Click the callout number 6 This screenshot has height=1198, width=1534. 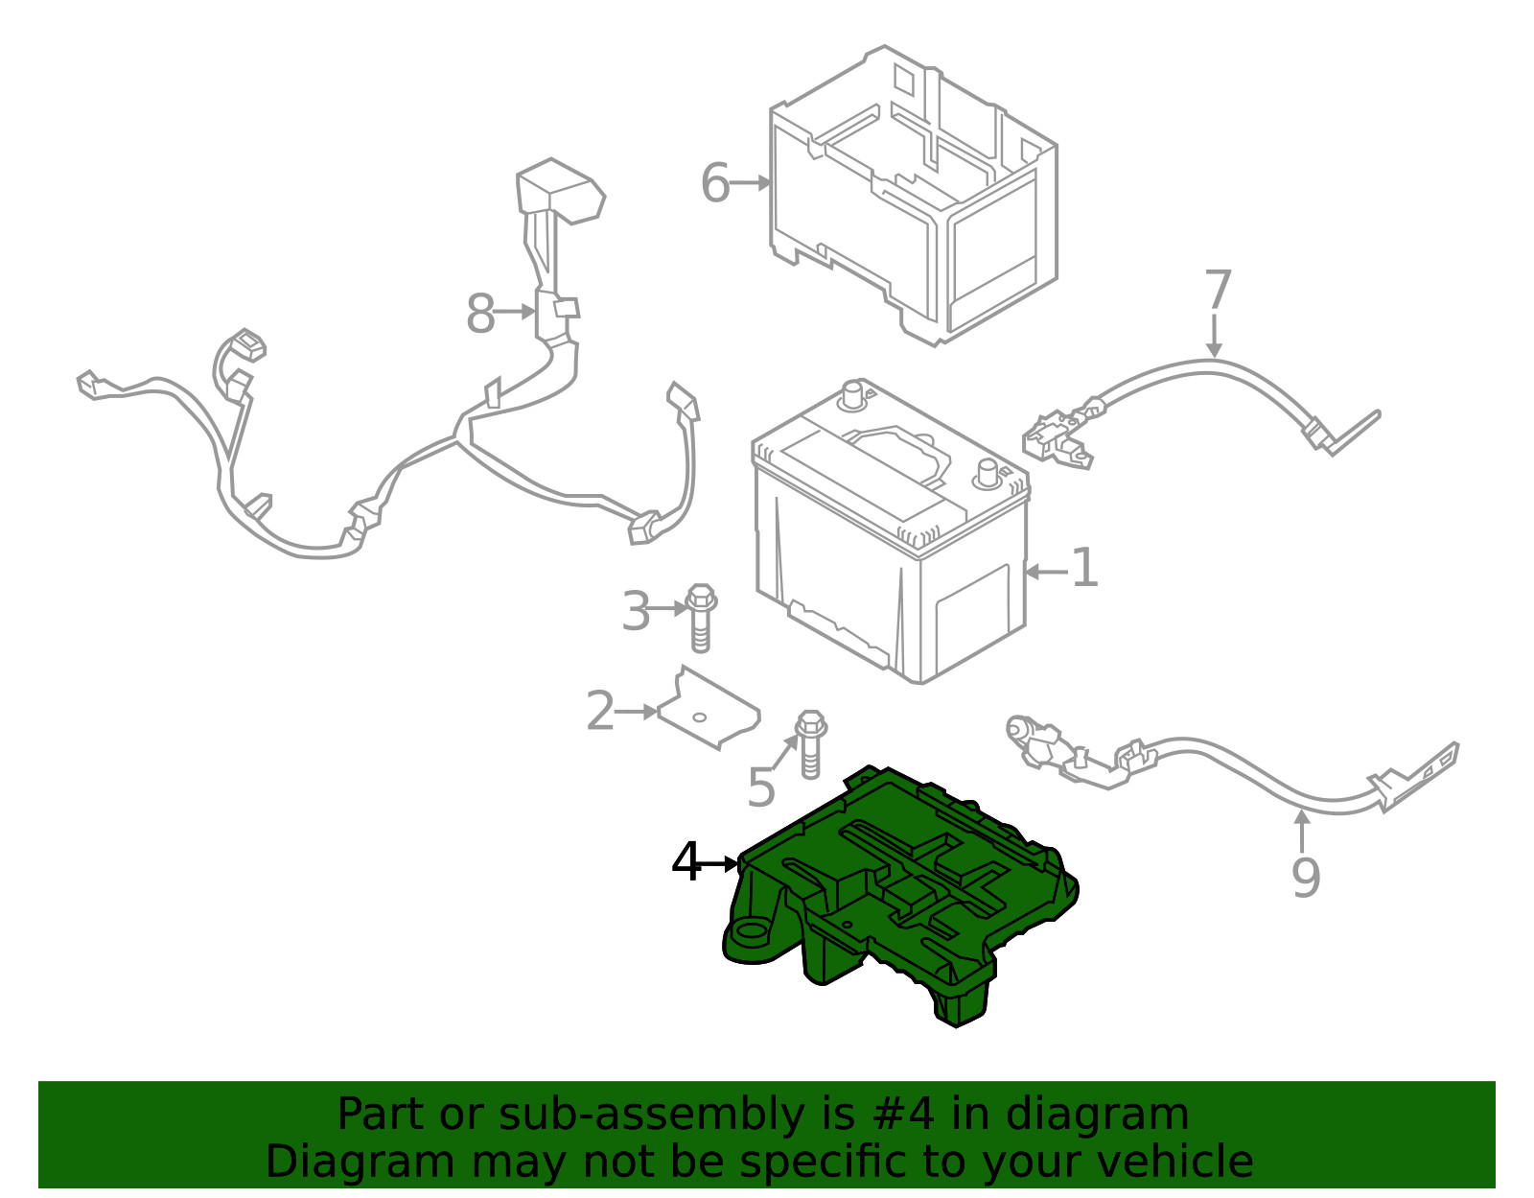(714, 183)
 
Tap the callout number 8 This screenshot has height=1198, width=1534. (480, 314)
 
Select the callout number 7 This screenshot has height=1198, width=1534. (1218, 289)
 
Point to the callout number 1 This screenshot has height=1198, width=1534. (1085, 567)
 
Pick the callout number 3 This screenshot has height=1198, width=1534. (636, 611)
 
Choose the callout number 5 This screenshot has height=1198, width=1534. (761, 787)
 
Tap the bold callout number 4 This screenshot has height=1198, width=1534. (686, 861)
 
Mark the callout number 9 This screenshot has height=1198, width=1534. (1305, 878)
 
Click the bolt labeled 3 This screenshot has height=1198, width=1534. (700, 618)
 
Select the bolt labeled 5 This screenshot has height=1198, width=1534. (810, 744)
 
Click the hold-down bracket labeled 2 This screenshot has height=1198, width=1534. (709, 708)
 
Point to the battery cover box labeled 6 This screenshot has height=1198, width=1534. (914, 196)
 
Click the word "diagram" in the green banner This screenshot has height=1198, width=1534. (1097, 1114)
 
